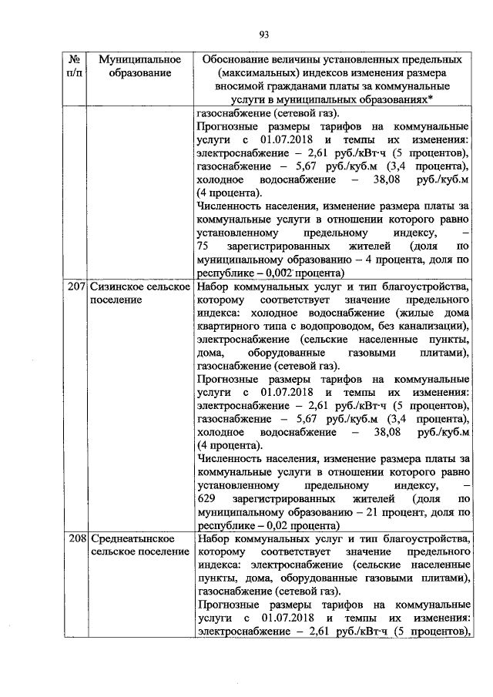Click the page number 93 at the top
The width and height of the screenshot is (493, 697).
pos(263,34)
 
